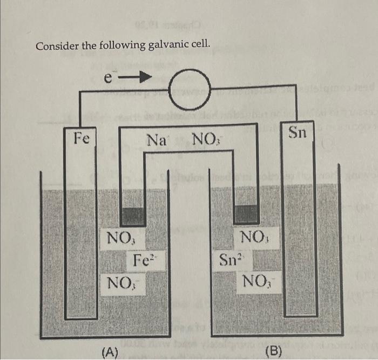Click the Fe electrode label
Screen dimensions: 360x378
[x=82, y=138]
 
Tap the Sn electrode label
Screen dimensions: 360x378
[x=298, y=131]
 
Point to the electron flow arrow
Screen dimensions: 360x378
[x=134, y=79]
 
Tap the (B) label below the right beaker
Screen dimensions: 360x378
[x=274, y=352]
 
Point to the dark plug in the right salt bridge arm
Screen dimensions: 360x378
[x=246, y=213]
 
